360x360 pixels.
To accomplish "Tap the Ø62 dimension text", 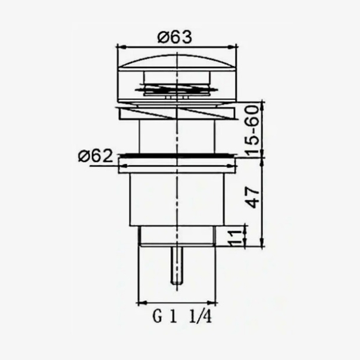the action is point(95,156).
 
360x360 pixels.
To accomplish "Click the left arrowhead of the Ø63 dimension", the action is point(122,47).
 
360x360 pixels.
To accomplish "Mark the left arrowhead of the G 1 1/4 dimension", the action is point(142,303).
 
